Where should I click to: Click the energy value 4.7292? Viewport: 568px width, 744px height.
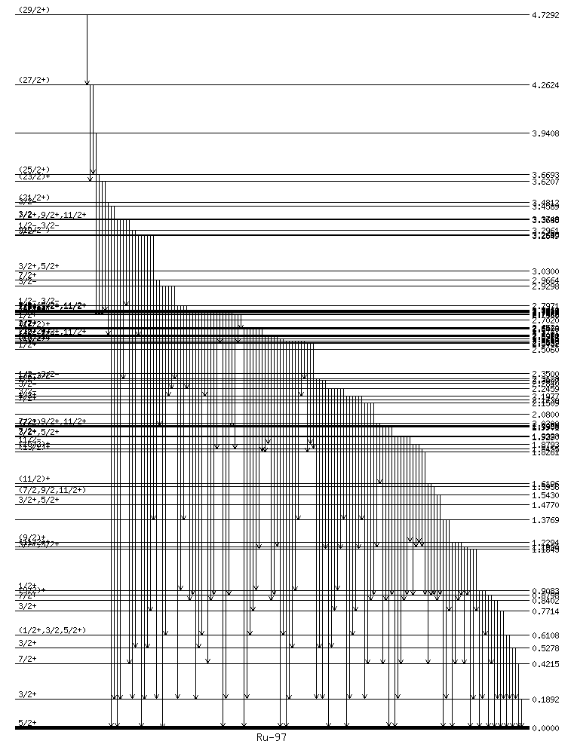545,15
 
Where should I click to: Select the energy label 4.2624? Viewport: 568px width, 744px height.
545,86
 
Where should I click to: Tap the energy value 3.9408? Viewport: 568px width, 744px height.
545,133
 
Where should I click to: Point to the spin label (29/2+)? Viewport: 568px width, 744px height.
33,9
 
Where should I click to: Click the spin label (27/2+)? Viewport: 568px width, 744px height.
33,80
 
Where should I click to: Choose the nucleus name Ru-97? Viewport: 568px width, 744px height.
272,736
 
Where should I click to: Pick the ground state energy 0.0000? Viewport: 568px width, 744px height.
545,728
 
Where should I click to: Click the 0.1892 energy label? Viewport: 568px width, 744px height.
545,700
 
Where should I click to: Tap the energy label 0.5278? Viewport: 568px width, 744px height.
545,648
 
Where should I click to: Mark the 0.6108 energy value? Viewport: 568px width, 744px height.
545,636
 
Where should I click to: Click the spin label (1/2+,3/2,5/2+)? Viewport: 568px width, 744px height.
52,630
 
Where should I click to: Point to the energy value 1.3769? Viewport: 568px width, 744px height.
545,520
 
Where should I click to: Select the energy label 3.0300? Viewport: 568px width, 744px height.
545,271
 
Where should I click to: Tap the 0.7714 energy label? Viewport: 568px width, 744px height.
545,611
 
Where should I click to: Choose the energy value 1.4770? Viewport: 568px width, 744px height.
545,505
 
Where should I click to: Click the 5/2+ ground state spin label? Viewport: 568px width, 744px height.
27,723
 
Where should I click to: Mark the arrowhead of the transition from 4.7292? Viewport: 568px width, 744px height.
87,82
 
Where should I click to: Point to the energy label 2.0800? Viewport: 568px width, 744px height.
545,415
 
